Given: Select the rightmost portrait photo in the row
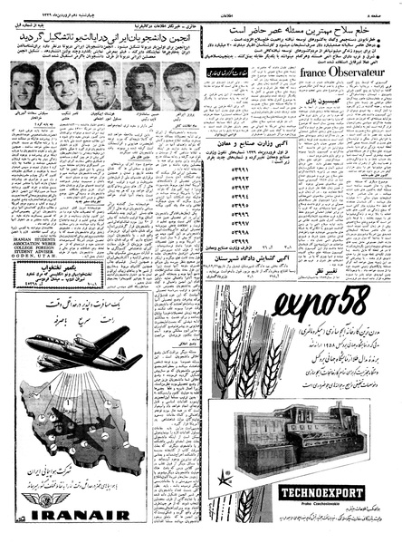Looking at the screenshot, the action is point(179,87).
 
